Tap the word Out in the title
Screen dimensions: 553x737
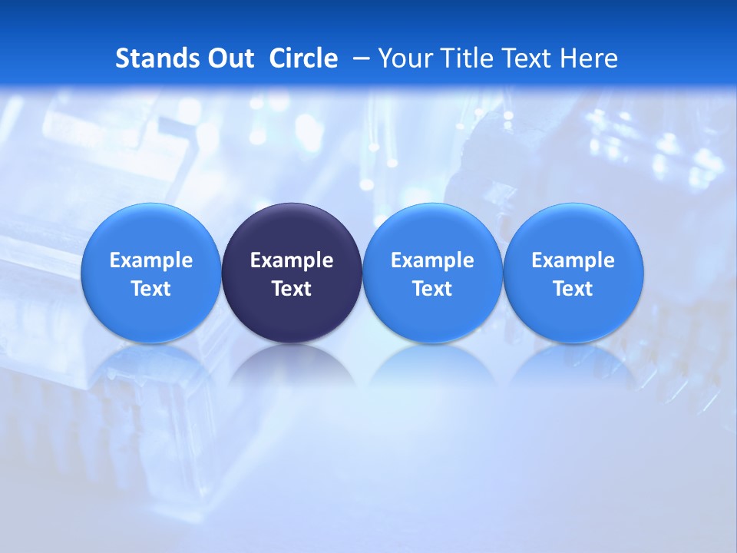(228, 58)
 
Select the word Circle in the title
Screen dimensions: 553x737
(303, 58)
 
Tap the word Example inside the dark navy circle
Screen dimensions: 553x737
(292, 260)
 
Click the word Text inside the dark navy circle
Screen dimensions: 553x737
(292, 289)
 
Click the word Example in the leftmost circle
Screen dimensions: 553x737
(150, 260)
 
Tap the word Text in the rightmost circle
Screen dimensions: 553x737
(573, 289)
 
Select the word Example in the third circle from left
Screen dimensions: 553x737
(432, 260)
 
